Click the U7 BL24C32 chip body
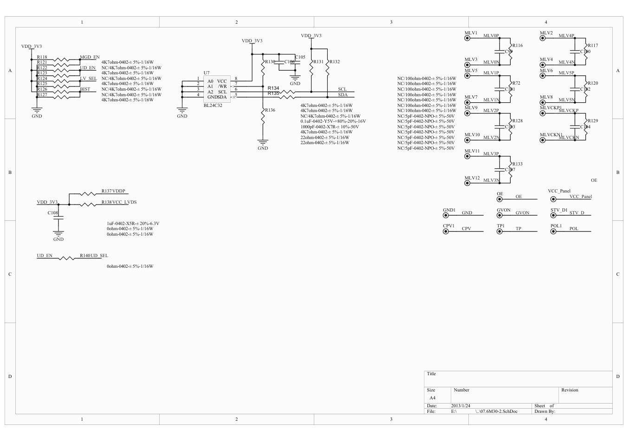click(x=217, y=89)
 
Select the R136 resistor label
click(x=270, y=110)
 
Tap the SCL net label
click(x=342, y=89)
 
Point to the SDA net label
click(x=342, y=95)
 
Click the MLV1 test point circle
click(x=467, y=38)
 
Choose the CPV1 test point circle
click(x=446, y=231)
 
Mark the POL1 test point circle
click(x=553, y=231)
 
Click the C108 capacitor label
click(x=52, y=213)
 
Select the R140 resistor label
click(x=85, y=256)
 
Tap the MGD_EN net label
click(x=90, y=57)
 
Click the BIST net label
click(x=85, y=89)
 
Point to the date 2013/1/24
click(x=460, y=406)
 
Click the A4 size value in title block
click(x=432, y=398)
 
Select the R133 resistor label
click(x=517, y=164)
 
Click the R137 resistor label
click(x=106, y=191)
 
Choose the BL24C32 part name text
click(x=213, y=106)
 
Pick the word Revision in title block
click(x=570, y=390)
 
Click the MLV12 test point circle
click(x=467, y=183)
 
